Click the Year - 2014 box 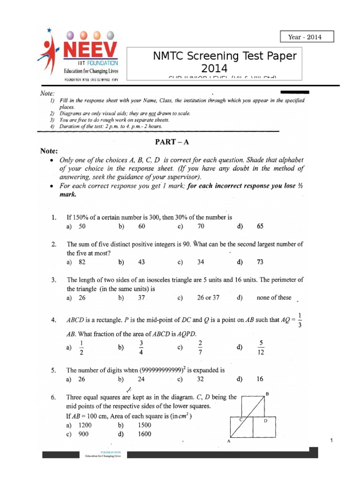pos(307,37)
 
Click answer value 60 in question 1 pos(142,226)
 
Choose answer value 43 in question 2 pos(142,262)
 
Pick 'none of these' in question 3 pos(274,297)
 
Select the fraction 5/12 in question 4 pos(261,347)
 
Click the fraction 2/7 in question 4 pos(201,347)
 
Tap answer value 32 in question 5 pos(201,379)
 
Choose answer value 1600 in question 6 pos(145,434)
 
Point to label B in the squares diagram pos(267,394)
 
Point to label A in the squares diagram pos(228,442)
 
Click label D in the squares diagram pos(265,421)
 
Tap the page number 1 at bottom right pos(331,440)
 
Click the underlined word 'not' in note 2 pos(152,113)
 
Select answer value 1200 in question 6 pos(85,425)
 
